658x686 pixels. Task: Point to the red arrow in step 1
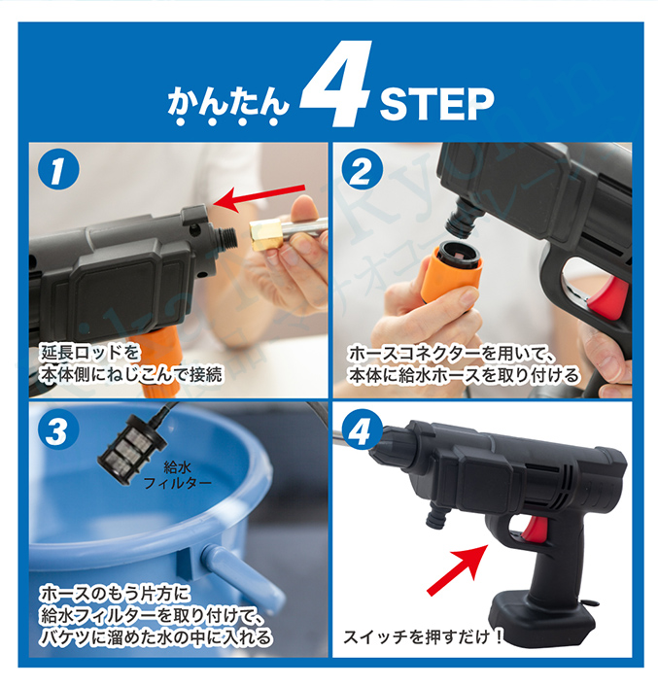[x=259, y=194]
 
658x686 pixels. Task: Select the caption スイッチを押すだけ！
[x=424, y=638]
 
